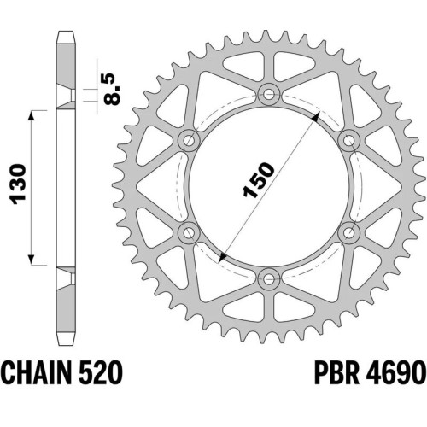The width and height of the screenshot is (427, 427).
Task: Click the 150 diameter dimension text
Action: [259, 179]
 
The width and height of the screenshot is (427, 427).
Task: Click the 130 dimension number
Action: [18, 184]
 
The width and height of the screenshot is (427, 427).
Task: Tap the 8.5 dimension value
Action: [113, 89]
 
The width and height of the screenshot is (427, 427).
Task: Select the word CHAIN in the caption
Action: [36, 372]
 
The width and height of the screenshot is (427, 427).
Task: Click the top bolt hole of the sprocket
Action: [269, 94]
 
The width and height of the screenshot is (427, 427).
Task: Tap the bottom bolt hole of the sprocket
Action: [269, 279]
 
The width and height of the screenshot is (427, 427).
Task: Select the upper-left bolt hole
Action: [189, 140]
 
